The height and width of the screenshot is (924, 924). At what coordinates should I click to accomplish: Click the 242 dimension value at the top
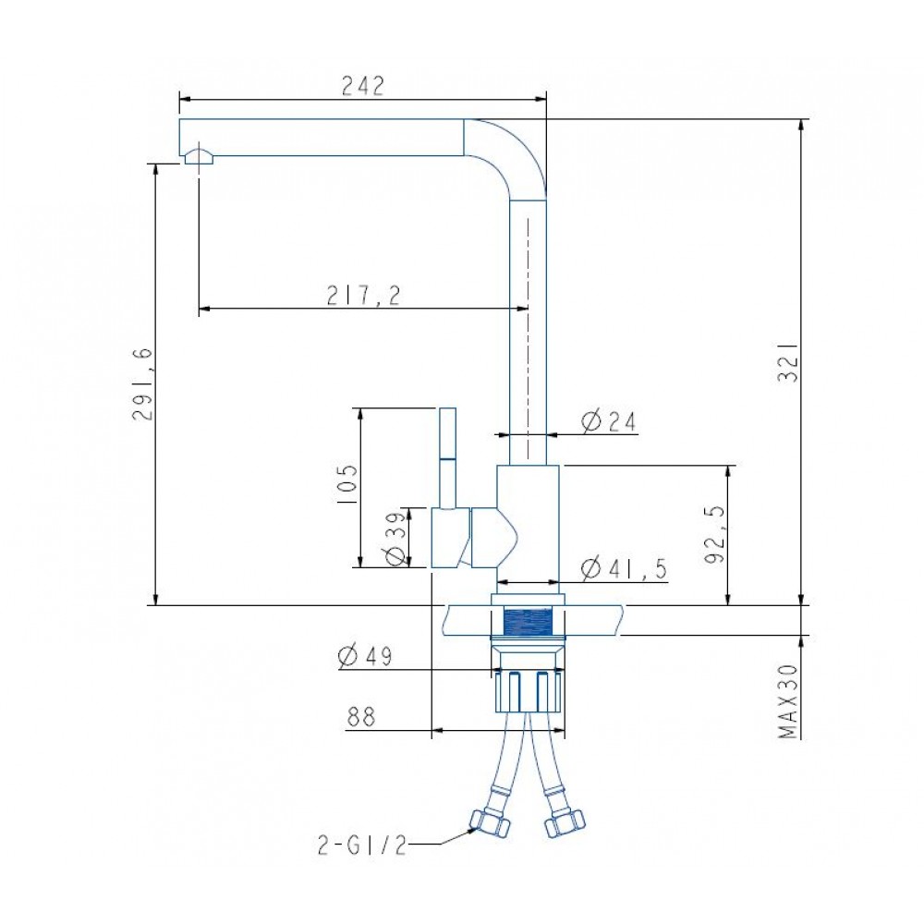tap(362, 85)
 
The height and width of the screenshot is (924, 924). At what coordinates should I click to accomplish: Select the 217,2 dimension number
tap(363, 295)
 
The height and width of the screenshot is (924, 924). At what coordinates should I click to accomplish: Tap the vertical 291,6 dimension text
tap(142, 383)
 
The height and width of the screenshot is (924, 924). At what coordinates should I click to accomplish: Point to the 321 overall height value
tap(788, 362)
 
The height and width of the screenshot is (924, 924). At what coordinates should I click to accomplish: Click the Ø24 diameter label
tap(609, 421)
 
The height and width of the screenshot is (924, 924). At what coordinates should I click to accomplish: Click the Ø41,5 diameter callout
tap(624, 568)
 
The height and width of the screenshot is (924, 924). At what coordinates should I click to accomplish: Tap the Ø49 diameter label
tap(365, 656)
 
